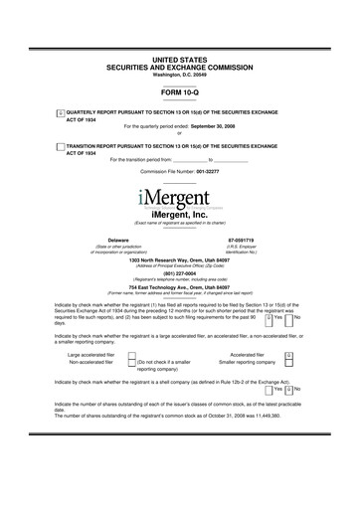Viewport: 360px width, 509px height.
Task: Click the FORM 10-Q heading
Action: tap(179, 91)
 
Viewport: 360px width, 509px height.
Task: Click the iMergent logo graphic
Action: tap(180, 198)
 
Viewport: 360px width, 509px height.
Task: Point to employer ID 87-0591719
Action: tap(242, 240)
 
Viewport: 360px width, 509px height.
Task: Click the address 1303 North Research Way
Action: tap(179, 259)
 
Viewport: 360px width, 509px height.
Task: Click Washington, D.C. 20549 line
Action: tap(179, 75)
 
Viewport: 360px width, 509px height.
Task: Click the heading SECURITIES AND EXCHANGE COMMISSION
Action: tap(179, 68)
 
